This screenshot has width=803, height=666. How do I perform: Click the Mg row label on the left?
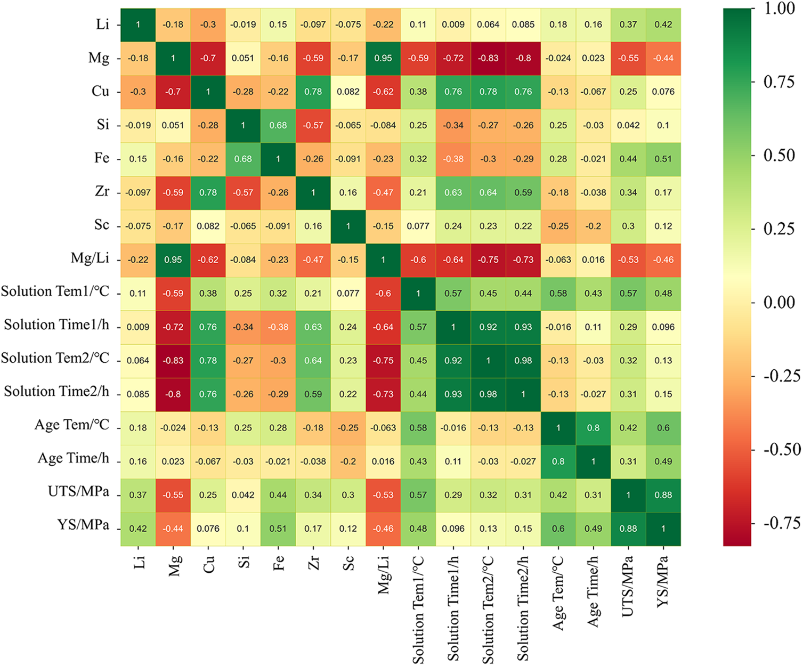pyautogui.click(x=99, y=58)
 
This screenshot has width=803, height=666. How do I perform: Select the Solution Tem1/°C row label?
pyautogui.click(x=55, y=292)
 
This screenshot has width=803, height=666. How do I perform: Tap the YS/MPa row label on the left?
pyautogui.click(x=83, y=526)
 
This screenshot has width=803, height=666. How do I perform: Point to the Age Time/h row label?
pyautogui.click(x=73, y=459)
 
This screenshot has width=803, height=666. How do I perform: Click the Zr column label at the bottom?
pyautogui.click(x=313, y=563)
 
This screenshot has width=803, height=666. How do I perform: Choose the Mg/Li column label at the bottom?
pyautogui.click(x=384, y=573)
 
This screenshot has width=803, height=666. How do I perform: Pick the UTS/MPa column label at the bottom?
pyautogui.click(x=629, y=586)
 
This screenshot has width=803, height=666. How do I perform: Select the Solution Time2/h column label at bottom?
pyautogui.click(x=523, y=608)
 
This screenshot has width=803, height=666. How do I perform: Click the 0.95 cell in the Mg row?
pyautogui.click(x=383, y=58)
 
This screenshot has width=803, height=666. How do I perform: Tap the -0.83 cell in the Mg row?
pyautogui.click(x=488, y=58)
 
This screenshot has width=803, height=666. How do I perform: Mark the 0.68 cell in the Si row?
pyautogui.click(x=278, y=125)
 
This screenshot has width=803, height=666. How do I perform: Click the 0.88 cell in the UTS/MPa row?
pyautogui.click(x=663, y=495)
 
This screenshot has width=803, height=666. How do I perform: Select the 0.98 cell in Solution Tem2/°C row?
pyautogui.click(x=523, y=361)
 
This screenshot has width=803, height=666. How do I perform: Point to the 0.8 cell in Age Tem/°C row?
pyautogui.click(x=593, y=428)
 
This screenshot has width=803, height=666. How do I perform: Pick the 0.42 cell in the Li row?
pyautogui.click(x=663, y=25)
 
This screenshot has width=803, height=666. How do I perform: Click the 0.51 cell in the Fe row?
pyautogui.click(x=663, y=159)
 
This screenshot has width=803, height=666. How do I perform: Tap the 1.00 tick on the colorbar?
pyautogui.click(x=779, y=9)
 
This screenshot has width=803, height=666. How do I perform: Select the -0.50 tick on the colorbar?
pyautogui.click(x=782, y=450)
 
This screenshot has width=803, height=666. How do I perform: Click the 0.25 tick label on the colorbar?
pyautogui.click(x=779, y=229)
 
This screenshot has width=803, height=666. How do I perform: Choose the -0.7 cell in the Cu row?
pyautogui.click(x=173, y=92)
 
